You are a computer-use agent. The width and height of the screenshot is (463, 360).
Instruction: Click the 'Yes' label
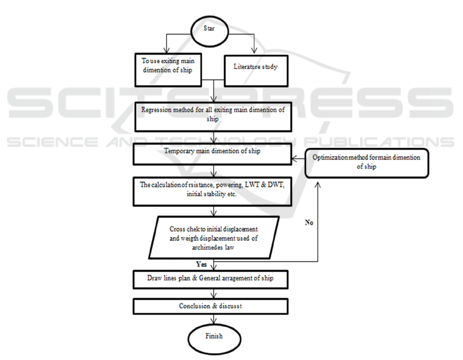202,264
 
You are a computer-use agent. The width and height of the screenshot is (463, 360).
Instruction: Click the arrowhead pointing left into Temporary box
292,159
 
